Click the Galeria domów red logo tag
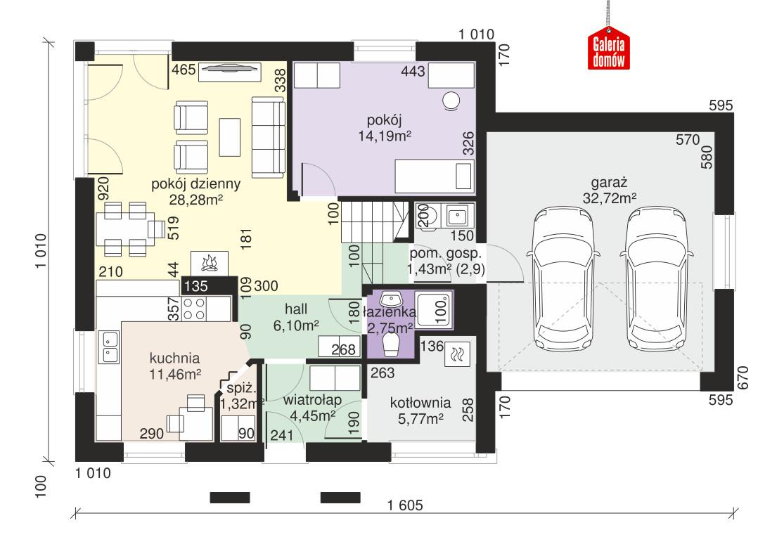(x=610, y=49)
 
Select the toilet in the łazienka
(x=391, y=344)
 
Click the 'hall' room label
(x=295, y=309)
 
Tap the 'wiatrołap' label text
(x=313, y=400)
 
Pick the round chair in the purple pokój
(x=450, y=102)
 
